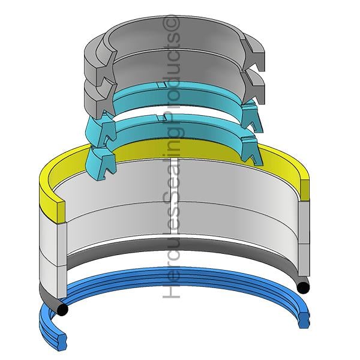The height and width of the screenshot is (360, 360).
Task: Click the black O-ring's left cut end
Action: coord(62,309)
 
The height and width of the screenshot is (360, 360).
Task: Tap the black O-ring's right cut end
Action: coord(303,287)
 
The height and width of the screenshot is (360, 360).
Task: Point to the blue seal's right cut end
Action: coord(304,320)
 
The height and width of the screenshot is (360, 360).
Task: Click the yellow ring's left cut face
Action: coord(61,211)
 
